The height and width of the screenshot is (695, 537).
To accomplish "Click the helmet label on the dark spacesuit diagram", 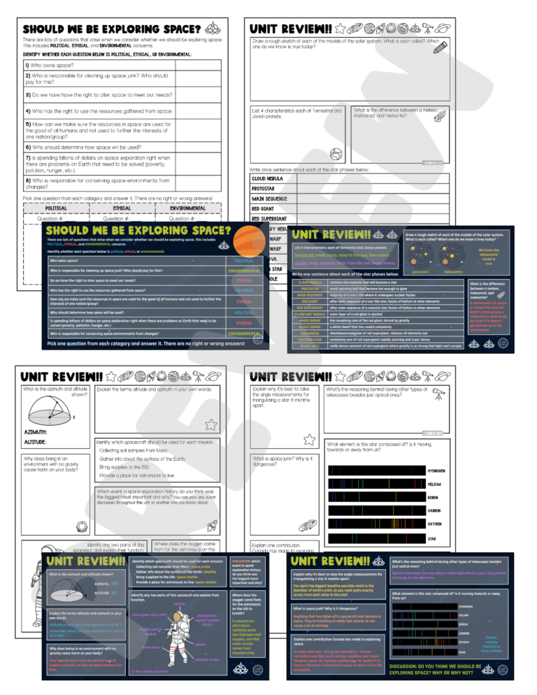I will [179, 603].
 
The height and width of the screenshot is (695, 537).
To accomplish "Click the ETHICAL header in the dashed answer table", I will [122, 208].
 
